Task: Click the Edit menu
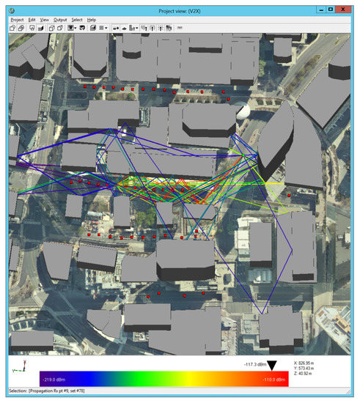click(32, 19)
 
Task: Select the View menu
click(45, 19)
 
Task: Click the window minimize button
click(320, 8)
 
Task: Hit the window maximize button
click(331, 8)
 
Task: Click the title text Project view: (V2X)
click(180, 8)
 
